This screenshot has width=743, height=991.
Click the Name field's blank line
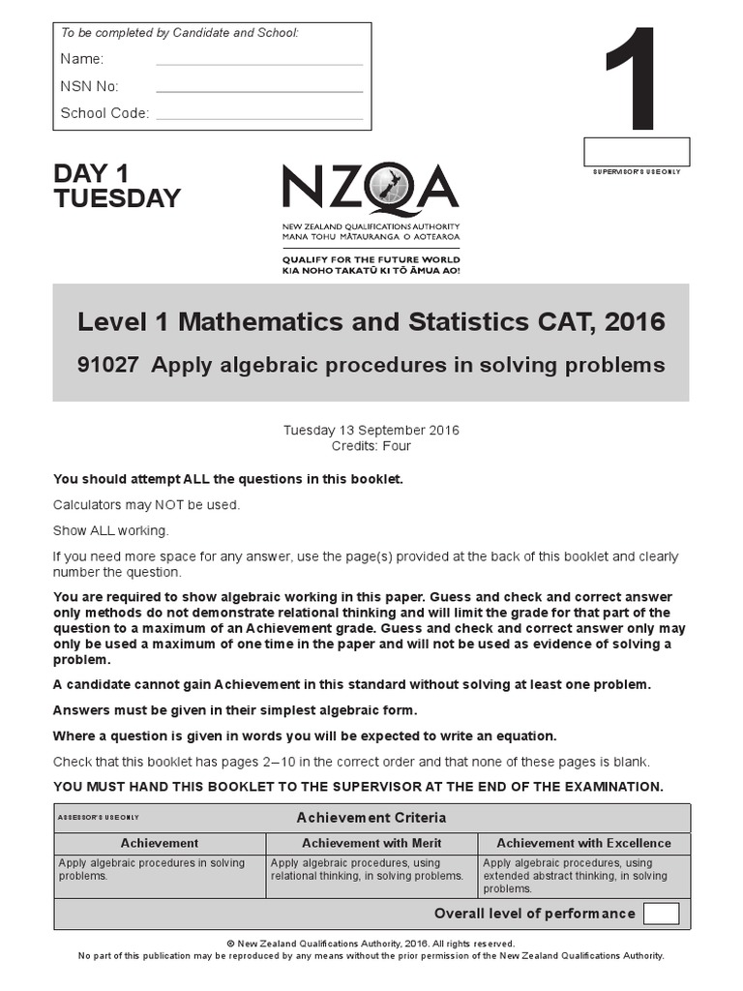(259, 62)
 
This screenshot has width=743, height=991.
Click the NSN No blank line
(259, 89)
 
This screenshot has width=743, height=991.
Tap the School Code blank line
(259, 116)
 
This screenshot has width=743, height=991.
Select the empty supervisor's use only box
(636, 152)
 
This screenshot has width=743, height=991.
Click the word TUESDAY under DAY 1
(117, 198)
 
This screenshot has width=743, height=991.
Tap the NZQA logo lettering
(371, 189)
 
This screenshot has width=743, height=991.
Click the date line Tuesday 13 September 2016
(371, 430)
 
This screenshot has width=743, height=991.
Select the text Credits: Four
(371, 446)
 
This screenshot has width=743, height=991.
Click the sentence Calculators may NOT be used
(146, 504)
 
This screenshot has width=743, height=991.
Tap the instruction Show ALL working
(110, 530)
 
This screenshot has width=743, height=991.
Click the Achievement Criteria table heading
(371, 818)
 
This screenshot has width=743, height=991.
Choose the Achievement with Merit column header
(371, 843)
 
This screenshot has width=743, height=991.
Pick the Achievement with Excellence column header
(583, 843)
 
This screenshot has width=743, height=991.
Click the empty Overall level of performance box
(661, 914)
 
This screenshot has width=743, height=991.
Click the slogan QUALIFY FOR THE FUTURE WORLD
(371, 259)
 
